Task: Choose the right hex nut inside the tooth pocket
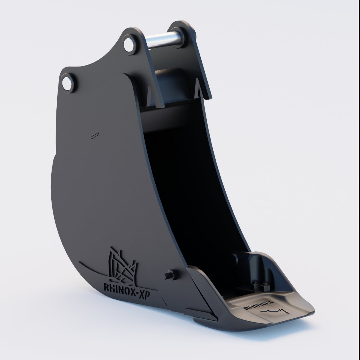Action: point(265,287)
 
